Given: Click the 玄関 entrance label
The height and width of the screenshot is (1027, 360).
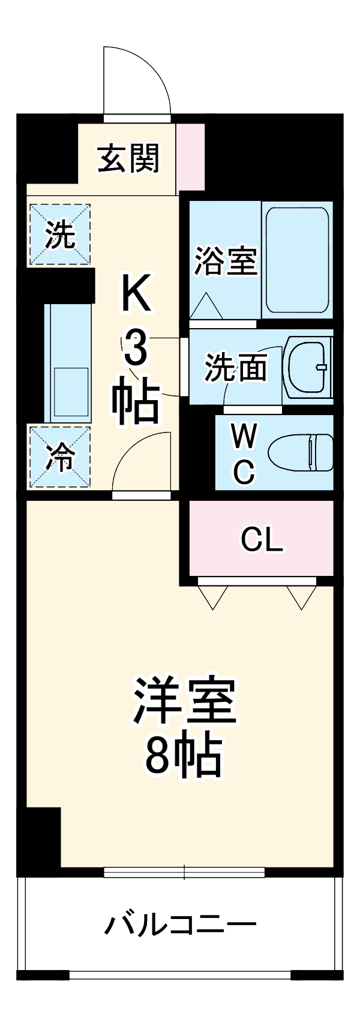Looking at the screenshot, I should (x=129, y=159).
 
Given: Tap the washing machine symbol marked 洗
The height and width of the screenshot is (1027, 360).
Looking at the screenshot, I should (x=60, y=235).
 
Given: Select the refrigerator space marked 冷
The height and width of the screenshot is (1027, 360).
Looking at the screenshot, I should (x=60, y=457).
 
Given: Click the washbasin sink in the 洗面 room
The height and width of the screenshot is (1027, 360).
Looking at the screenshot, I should (x=308, y=367).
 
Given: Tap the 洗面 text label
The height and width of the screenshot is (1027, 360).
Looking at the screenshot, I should (x=236, y=367).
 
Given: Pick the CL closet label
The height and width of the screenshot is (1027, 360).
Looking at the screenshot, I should (x=261, y=540).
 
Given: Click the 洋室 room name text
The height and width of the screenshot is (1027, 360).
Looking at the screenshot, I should (x=185, y=700).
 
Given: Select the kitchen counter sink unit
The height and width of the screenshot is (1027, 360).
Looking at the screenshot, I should (x=68, y=362).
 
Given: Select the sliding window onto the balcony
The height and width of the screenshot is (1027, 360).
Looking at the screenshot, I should (x=184, y=872).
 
